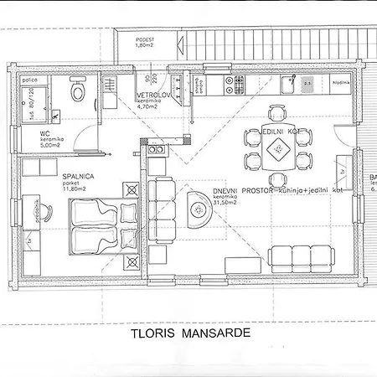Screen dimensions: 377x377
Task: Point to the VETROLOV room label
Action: [154, 97]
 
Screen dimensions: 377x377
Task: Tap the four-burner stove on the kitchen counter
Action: [238, 84]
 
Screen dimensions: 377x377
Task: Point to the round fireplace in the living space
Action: [199, 209]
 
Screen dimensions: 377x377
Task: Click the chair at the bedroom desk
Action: [34, 209]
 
